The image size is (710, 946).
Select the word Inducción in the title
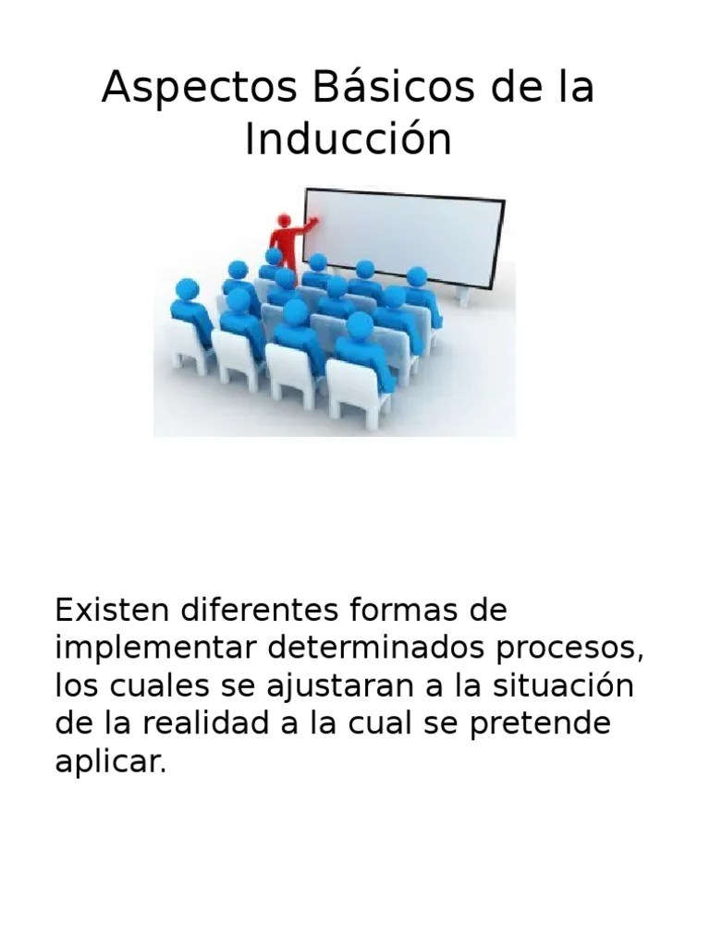pyautogui.click(x=349, y=139)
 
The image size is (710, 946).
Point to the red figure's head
pyautogui.click(x=285, y=221)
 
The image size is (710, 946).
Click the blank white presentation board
pyautogui.click(x=403, y=236)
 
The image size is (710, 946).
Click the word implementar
pyautogui.click(x=156, y=649)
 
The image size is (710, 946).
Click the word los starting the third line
pyautogui.click(x=74, y=686)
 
